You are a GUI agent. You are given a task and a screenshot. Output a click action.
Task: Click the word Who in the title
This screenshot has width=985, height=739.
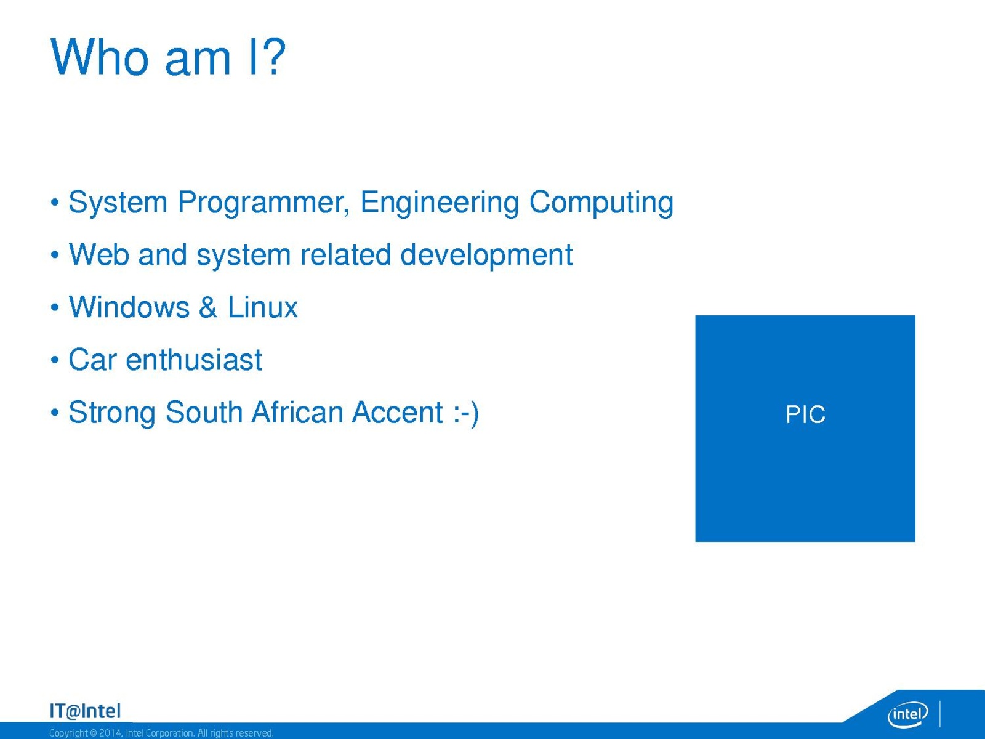coord(99,57)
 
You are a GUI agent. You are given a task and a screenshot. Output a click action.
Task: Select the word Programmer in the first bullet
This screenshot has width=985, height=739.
coord(263,203)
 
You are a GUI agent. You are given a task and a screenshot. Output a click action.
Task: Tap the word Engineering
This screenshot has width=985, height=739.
coord(440,203)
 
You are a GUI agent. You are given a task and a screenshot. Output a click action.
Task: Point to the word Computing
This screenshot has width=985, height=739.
coord(601,203)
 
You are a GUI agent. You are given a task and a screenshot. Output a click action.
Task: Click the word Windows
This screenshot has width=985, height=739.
coord(129,307)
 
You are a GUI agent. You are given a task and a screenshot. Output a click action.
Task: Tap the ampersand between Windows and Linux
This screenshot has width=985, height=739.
coord(207,307)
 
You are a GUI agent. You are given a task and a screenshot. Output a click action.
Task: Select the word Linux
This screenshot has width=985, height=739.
coord(262,307)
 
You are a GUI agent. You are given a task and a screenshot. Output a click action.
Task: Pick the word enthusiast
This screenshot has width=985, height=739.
coord(194,360)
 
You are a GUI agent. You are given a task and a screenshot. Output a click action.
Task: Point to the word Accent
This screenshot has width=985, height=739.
coord(398,412)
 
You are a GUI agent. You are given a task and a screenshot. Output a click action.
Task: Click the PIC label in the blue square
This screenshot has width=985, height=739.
coord(805,414)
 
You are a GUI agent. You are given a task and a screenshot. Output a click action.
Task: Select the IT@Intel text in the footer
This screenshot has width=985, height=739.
coord(85,711)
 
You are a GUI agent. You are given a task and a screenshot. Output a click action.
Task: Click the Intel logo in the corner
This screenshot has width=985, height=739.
coord(907,714)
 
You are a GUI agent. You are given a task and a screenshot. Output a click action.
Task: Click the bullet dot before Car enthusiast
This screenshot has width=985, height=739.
coord(55,360)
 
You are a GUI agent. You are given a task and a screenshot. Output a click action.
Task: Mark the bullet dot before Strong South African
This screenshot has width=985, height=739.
coord(55,413)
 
